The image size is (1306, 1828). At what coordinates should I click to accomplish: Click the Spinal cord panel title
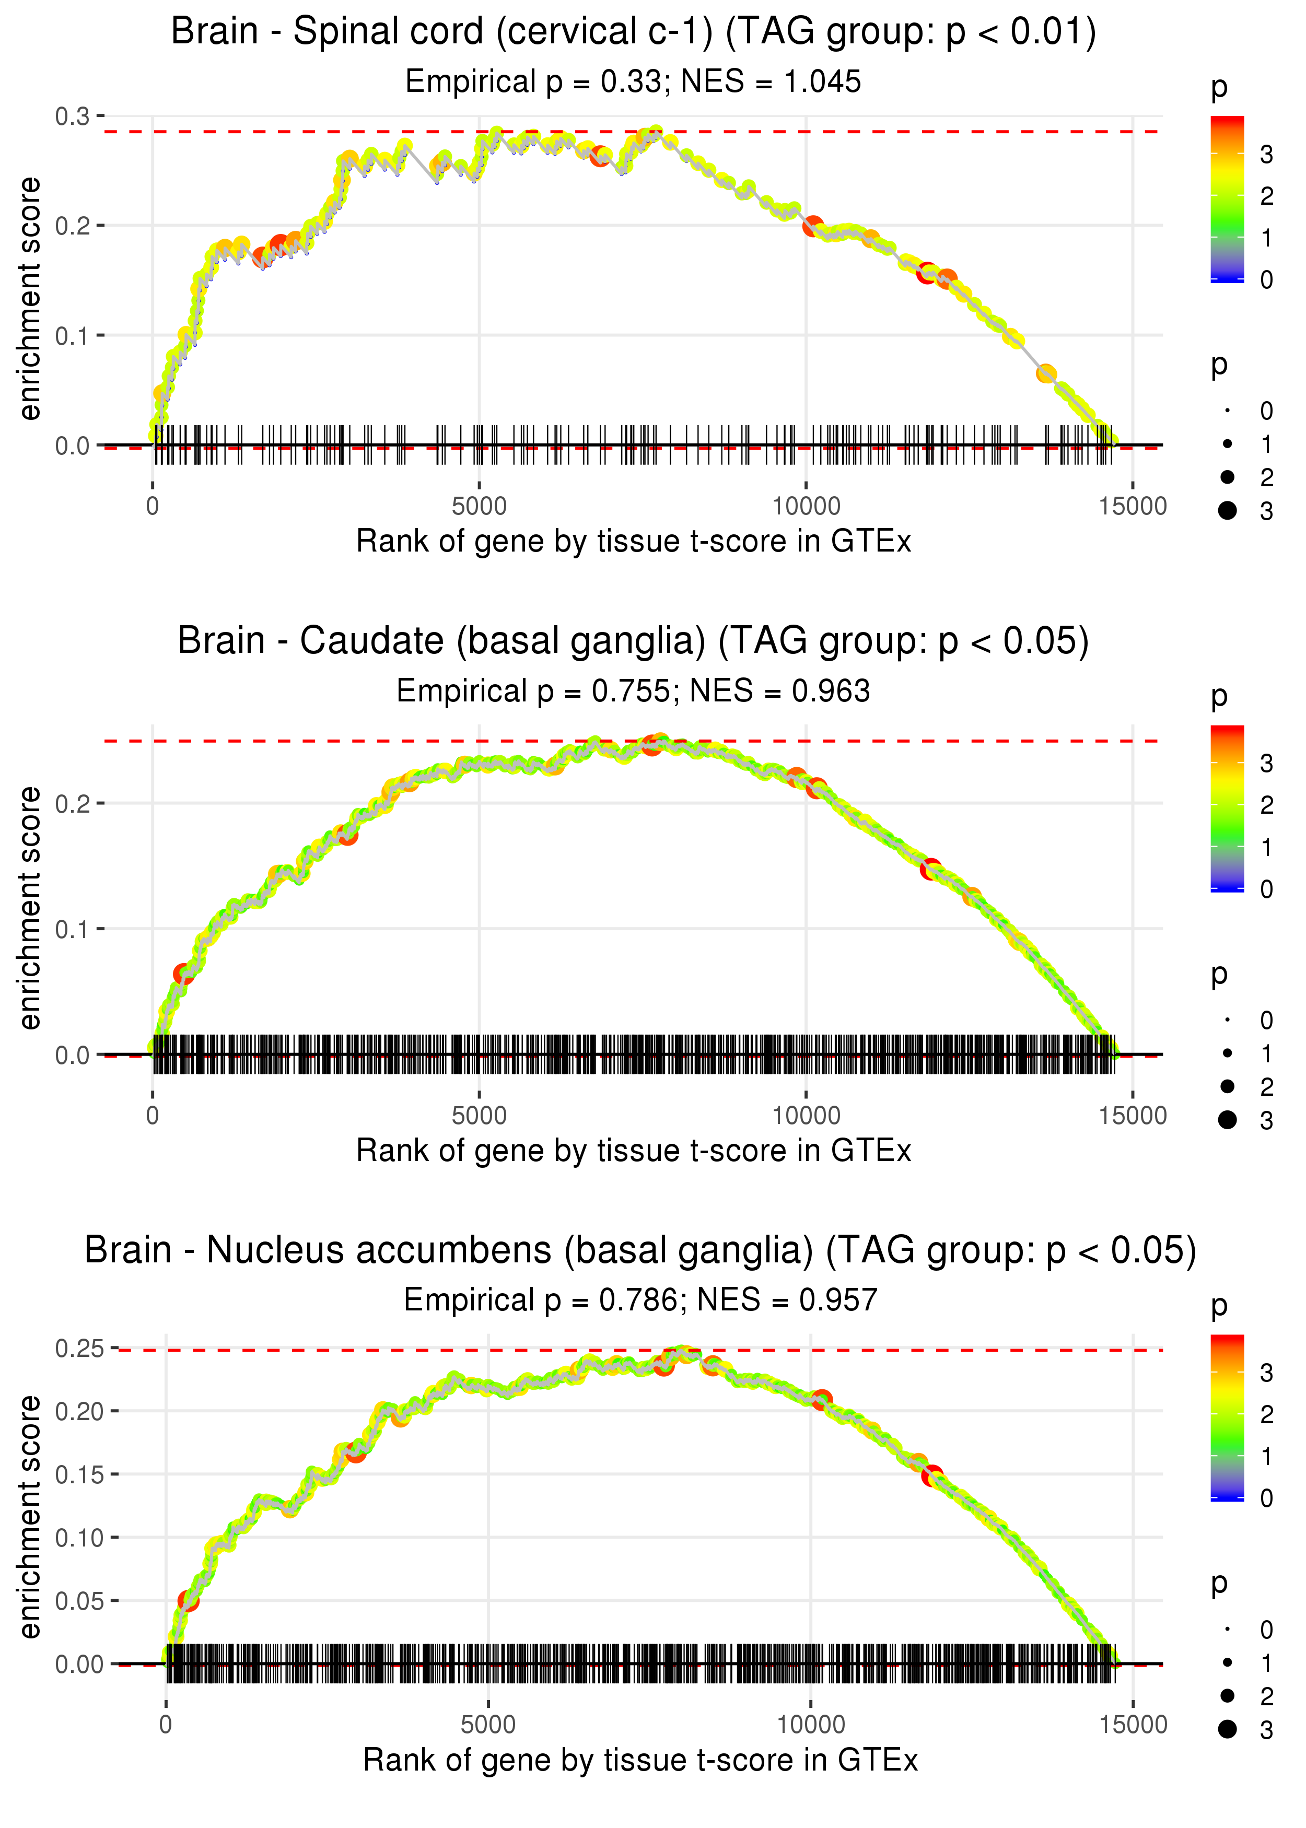point(633,32)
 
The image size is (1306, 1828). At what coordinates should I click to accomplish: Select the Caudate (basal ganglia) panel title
point(633,641)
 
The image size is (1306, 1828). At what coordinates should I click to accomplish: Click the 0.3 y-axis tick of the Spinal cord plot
point(73,116)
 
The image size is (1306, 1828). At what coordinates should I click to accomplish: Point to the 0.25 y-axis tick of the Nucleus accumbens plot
point(79,1348)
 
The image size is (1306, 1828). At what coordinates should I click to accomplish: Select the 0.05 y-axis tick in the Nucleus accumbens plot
point(79,1600)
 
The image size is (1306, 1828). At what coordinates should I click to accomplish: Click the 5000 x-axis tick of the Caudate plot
point(479,1116)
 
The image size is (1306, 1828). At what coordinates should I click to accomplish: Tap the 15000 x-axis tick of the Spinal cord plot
point(1132,507)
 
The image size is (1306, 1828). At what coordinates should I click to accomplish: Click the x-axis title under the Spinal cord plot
point(633,542)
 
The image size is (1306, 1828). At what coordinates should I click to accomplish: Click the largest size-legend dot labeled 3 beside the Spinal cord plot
point(1227,510)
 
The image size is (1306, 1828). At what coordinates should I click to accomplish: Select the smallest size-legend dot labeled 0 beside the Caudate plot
point(1227,1020)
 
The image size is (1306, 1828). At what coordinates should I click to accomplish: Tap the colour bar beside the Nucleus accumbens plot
point(1227,1417)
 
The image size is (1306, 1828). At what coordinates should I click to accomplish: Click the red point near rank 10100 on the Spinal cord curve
point(813,226)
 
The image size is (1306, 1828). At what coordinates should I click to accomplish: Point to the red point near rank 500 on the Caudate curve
point(183,974)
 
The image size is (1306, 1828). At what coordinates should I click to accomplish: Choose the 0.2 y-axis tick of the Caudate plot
point(73,803)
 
